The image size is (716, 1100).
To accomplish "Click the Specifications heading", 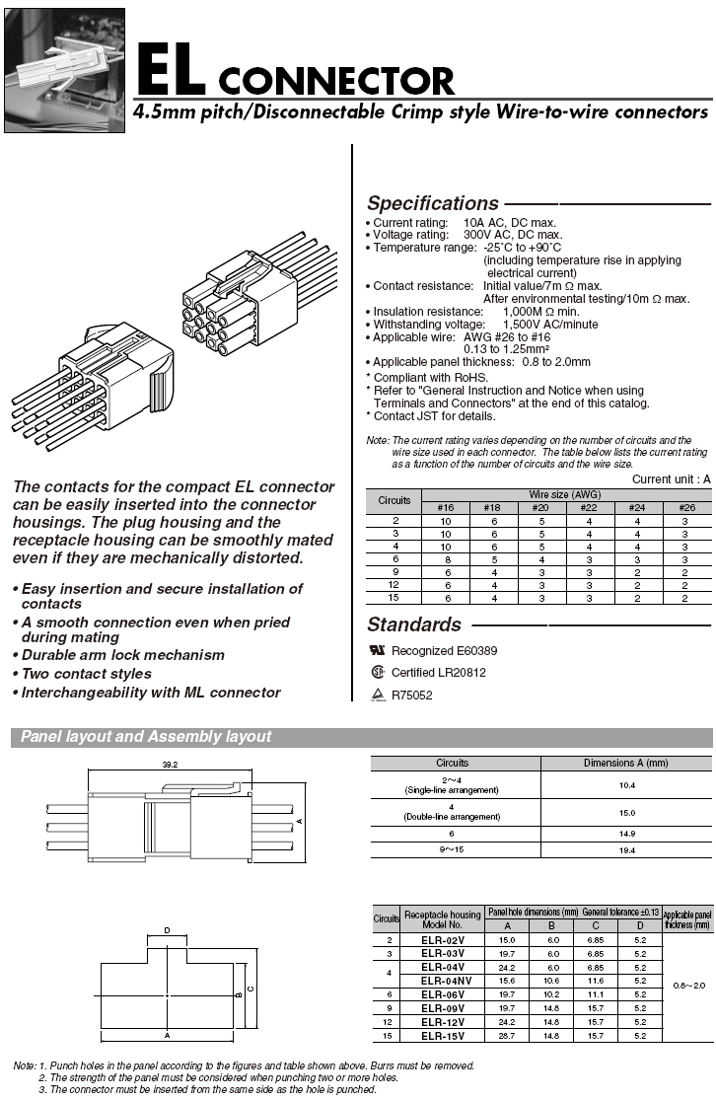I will pyautogui.click(x=433, y=204).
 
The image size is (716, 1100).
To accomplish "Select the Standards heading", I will pyautogui.click(x=414, y=624).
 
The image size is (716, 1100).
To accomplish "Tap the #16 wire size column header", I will pyautogui.click(x=445, y=508).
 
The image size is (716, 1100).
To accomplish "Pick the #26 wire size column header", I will pyautogui.click(x=687, y=508).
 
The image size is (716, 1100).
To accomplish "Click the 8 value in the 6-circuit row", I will pyautogui.click(x=445, y=558).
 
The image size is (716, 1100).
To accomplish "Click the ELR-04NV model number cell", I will pyautogui.click(x=443, y=981).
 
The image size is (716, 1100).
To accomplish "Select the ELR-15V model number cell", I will pyautogui.click(x=443, y=1035).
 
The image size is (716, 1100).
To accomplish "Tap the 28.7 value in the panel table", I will pyautogui.click(x=508, y=1035).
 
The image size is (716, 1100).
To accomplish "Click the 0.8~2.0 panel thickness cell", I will pyautogui.click(x=686, y=986).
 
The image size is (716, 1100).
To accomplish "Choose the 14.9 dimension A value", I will pyautogui.click(x=626, y=834).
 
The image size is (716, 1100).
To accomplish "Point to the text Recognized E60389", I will pyautogui.click(x=444, y=651).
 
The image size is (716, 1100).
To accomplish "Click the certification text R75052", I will pyautogui.click(x=412, y=696).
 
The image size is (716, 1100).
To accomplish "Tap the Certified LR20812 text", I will pyautogui.click(x=439, y=673).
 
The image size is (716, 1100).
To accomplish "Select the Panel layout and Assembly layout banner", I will pyautogui.click(x=146, y=737).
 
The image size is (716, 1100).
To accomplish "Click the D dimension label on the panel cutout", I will pyautogui.click(x=167, y=930).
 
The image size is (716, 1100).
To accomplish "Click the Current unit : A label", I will pyautogui.click(x=671, y=479).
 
